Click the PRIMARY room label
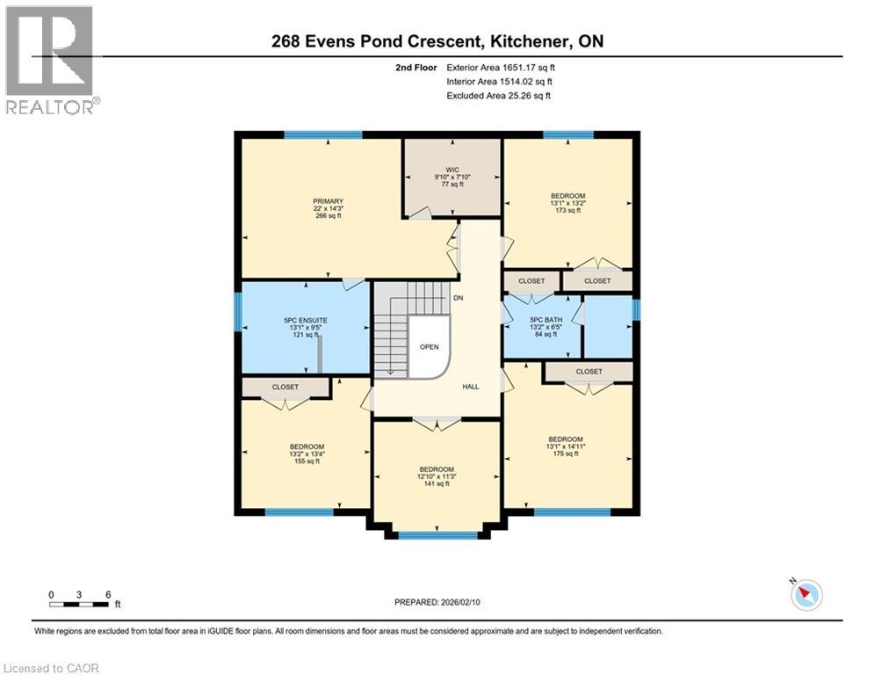coord(328,200)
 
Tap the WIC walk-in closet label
coord(452,170)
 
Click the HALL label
coord(471,386)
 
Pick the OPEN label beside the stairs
coord(429,346)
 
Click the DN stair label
coord(458,299)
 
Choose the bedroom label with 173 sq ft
coord(567,196)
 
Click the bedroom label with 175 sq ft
coord(566,439)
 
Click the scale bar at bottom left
coord(79,604)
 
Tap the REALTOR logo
coord(51,60)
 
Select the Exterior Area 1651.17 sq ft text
coord(500,67)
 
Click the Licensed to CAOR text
coord(52,668)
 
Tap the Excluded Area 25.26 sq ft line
coord(498,96)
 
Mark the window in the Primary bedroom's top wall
coord(322,134)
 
